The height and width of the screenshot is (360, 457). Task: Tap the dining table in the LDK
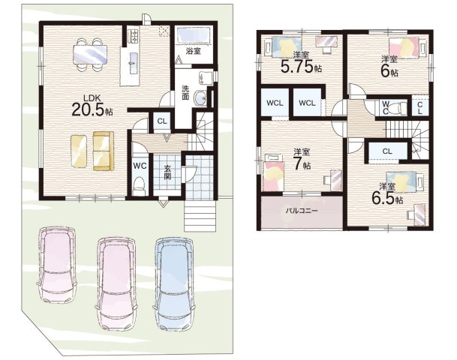point(90,55)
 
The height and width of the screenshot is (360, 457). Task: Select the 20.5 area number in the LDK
point(88,109)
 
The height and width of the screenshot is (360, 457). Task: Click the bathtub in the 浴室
point(194,35)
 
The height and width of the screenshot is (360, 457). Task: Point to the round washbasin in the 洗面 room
point(200,97)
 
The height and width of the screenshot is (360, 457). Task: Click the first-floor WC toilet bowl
point(139,186)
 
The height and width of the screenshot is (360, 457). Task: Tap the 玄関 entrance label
point(167,172)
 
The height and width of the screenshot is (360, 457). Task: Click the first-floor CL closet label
point(162,121)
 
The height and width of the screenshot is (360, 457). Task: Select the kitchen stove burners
point(134,35)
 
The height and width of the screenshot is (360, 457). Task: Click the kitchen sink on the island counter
point(133,62)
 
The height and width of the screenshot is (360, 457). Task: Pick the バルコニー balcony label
point(301,210)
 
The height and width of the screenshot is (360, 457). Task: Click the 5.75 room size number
point(296,67)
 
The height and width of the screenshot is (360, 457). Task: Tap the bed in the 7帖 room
point(274,173)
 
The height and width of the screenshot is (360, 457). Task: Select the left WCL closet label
point(275,103)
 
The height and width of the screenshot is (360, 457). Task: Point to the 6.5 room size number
point(383,199)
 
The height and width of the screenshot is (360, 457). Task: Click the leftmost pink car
point(57,265)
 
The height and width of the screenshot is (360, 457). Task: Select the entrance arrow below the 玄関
point(164,202)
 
